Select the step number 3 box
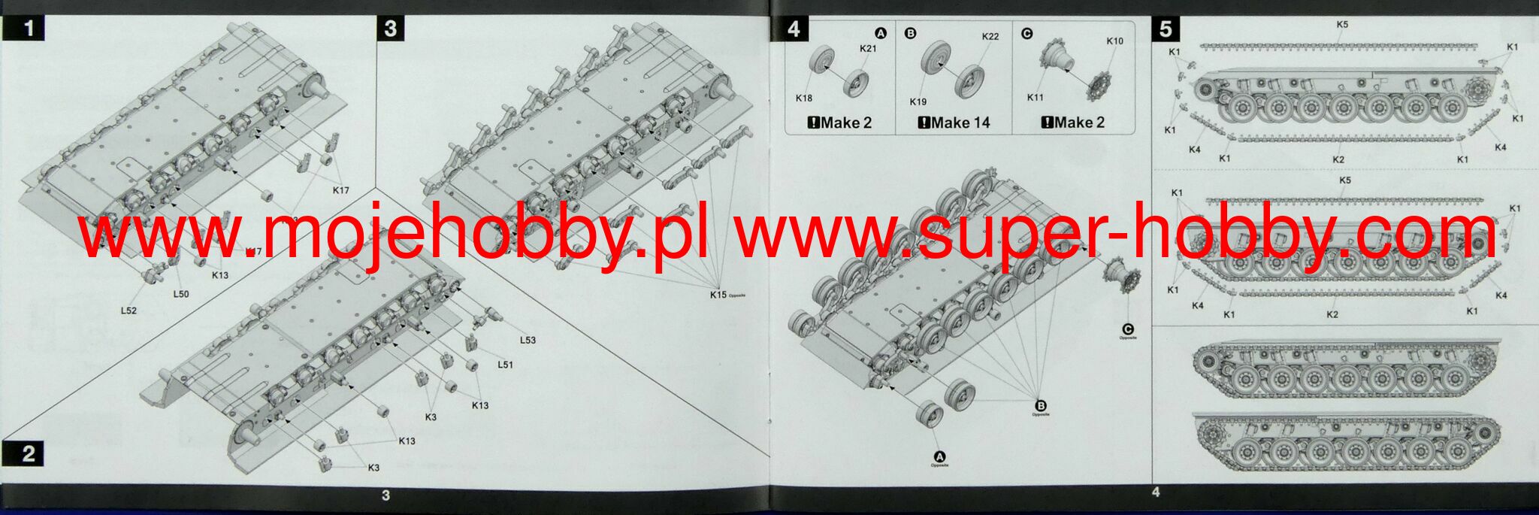click(x=390, y=29)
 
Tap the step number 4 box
click(x=794, y=29)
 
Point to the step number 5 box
click(x=1166, y=29)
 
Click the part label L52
click(x=129, y=311)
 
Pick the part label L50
click(x=181, y=294)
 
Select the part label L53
click(x=528, y=340)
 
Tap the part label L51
click(x=505, y=365)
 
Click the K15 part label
click(x=718, y=295)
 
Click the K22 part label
click(x=990, y=37)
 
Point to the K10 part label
click(x=1114, y=41)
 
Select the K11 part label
click(x=1036, y=98)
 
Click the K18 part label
click(x=804, y=98)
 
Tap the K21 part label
click(x=868, y=49)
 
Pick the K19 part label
click(x=918, y=102)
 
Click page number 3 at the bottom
click(x=386, y=495)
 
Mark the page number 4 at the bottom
click(x=1156, y=492)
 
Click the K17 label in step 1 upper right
click(x=341, y=190)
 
